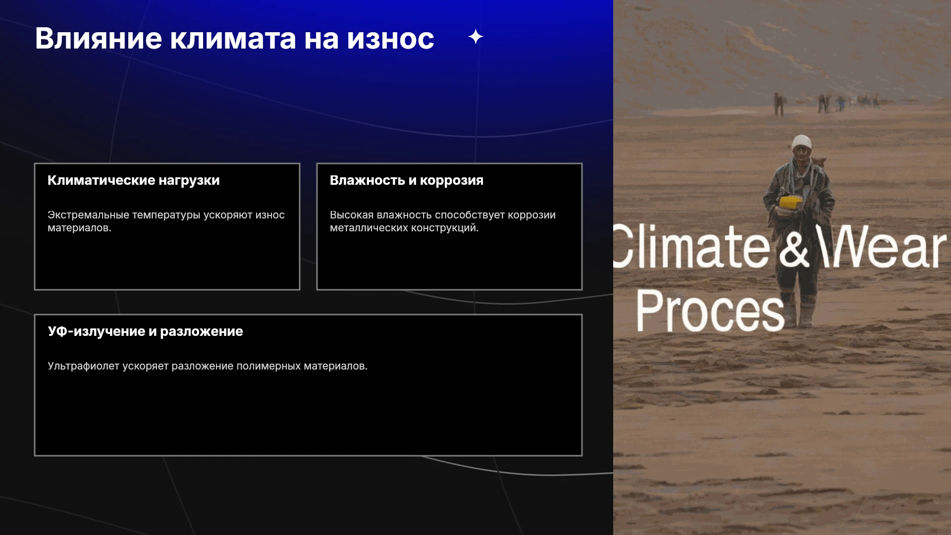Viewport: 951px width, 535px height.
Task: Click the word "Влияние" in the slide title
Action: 99,39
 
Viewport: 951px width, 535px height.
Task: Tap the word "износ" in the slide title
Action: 390,39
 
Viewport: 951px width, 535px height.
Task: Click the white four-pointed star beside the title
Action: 475,37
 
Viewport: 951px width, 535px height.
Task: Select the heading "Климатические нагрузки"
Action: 134,180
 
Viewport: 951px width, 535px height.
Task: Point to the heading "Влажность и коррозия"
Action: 407,180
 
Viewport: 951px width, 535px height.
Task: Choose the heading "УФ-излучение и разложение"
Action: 145,331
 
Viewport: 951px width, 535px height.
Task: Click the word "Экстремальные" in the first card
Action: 88,215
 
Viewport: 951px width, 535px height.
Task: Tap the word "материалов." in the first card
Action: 79,228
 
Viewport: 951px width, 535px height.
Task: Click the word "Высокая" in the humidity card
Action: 352,215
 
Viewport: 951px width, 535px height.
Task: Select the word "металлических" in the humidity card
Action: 367,228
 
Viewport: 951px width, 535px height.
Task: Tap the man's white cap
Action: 801,142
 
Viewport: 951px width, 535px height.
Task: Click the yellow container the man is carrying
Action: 792,202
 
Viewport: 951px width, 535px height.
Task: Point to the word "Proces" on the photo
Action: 710,311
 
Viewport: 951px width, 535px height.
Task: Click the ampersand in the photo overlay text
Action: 794,247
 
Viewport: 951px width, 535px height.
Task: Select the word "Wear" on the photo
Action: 882,246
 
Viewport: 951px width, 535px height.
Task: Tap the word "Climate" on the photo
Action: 691,246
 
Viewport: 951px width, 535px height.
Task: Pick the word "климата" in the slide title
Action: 233,39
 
